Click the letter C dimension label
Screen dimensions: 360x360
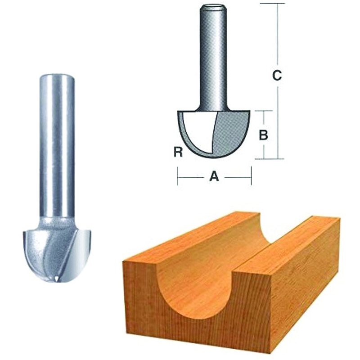pyautogui.click(x=278, y=76)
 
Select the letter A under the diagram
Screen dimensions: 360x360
pyautogui.click(x=214, y=177)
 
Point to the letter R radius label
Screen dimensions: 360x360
pyautogui.click(x=178, y=153)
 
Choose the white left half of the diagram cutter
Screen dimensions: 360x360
pyautogui.click(x=196, y=130)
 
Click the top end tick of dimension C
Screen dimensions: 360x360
pyautogui.click(x=278, y=4)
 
